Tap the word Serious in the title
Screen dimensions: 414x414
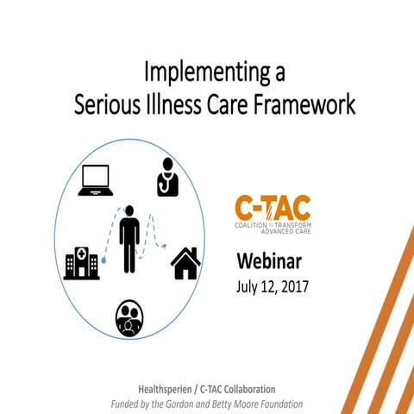pyautogui.click(x=107, y=104)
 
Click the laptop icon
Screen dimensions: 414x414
pyautogui.click(x=96, y=180)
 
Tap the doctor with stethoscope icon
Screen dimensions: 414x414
pyautogui.click(x=168, y=177)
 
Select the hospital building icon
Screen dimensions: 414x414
pyautogui.click(x=82, y=263)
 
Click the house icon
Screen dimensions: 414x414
pyautogui.click(x=185, y=263)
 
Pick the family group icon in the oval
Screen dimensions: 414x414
pyautogui.click(x=129, y=318)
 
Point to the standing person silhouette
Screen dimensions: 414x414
pyautogui.click(x=129, y=239)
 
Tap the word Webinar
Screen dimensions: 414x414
pyautogui.click(x=269, y=261)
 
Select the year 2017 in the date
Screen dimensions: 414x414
pyautogui.click(x=295, y=286)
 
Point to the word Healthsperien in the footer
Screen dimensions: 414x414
pyautogui.click(x=165, y=390)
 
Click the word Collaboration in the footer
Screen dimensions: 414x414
pyautogui.click(x=249, y=389)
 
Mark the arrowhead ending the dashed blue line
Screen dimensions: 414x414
pyautogui.click(x=164, y=246)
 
